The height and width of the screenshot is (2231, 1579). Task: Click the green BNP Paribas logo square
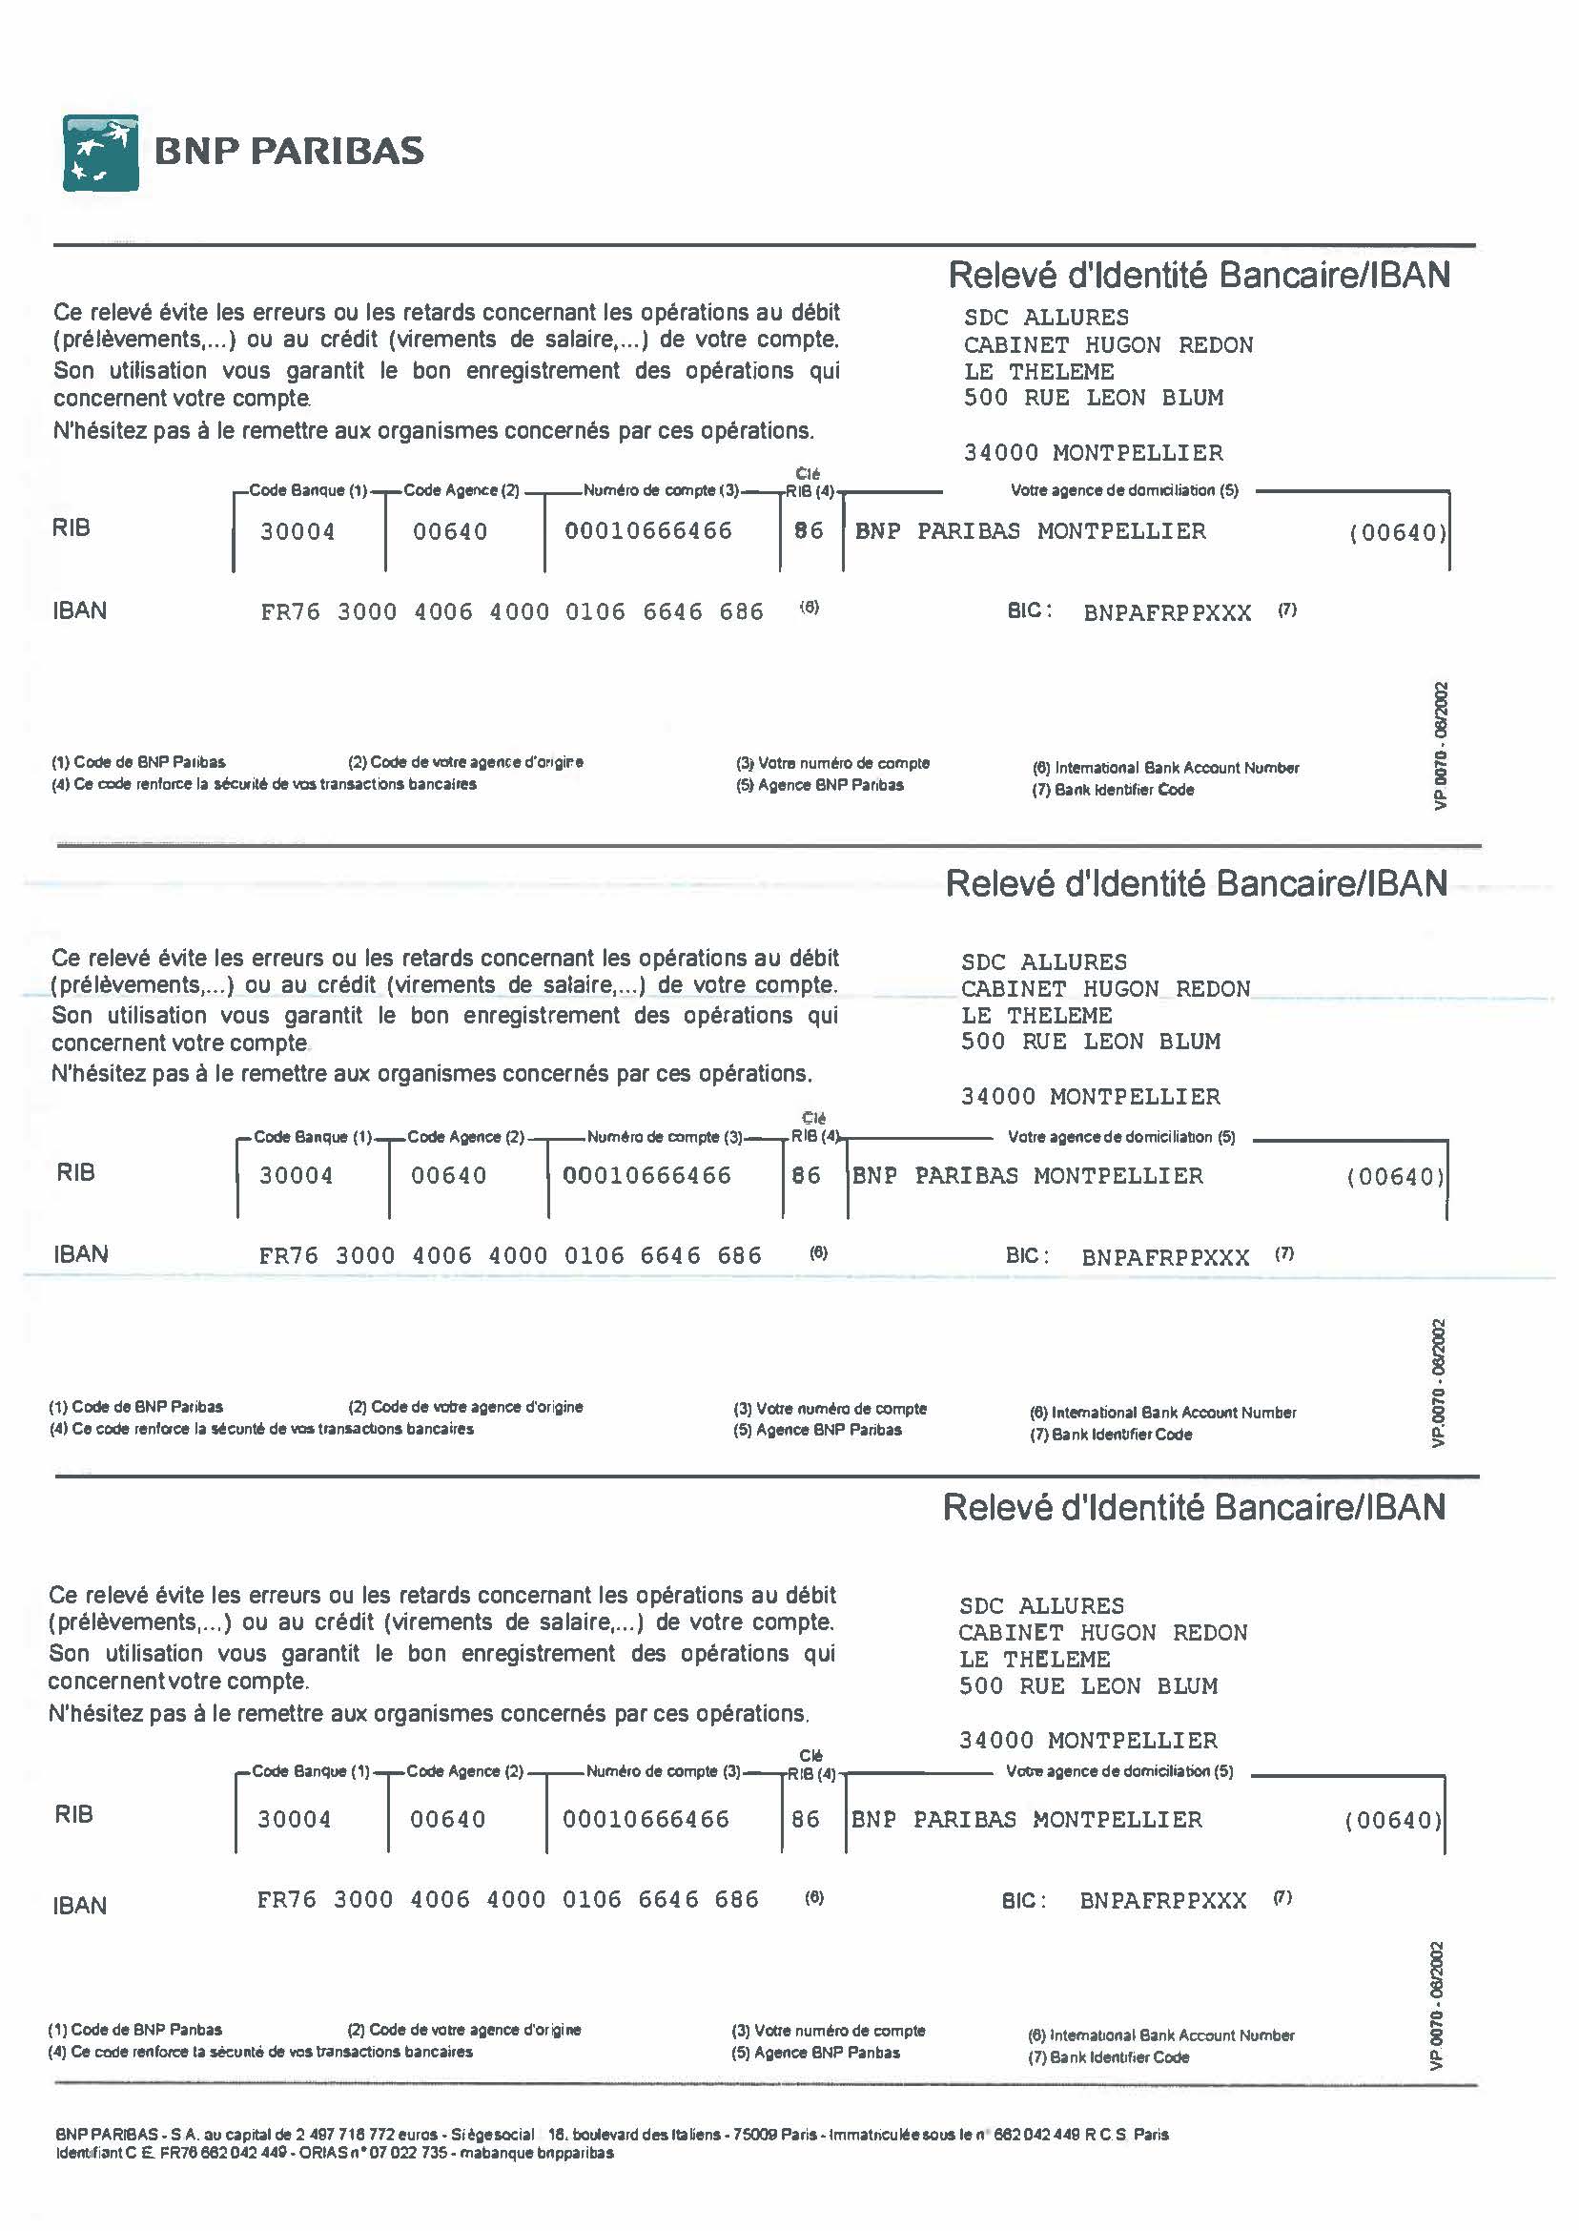[100, 153]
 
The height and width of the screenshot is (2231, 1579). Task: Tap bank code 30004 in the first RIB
[297, 532]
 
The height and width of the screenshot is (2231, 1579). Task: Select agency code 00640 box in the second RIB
[448, 1176]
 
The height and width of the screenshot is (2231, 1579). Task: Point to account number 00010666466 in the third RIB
[646, 1820]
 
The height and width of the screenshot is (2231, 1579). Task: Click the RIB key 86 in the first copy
[809, 531]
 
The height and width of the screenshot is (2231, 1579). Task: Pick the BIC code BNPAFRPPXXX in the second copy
[1165, 1257]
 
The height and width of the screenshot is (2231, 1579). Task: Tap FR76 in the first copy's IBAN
[290, 612]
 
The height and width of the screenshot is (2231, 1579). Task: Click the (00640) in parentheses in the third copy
[1392, 1821]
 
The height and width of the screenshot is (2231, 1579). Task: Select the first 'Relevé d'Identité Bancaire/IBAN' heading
[1199, 276]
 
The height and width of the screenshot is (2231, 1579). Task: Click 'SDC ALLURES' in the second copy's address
[1043, 962]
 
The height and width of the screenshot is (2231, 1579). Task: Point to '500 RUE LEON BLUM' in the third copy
[1088, 1686]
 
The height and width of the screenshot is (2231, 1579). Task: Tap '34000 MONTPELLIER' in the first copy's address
[1093, 453]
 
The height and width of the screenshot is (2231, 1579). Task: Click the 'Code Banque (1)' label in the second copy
[313, 1137]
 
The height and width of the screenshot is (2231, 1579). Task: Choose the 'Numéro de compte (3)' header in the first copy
[661, 490]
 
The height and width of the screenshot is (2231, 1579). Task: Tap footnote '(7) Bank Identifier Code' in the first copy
[1113, 790]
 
